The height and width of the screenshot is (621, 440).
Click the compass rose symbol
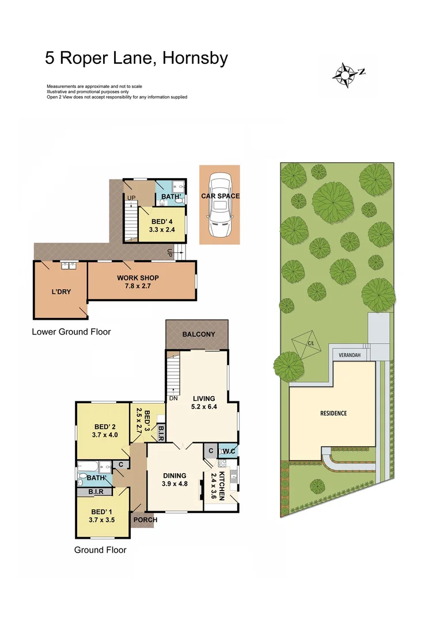click(x=346, y=74)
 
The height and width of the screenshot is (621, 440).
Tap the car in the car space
click(x=219, y=205)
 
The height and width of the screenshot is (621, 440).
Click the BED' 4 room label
click(x=162, y=221)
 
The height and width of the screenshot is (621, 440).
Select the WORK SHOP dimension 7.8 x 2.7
click(x=138, y=286)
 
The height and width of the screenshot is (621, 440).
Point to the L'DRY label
click(x=61, y=292)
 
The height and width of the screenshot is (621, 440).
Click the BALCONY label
click(x=198, y=334)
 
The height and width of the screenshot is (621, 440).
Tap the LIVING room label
click(x=204, y=398)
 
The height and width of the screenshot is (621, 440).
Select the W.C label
click(x=228, y=450)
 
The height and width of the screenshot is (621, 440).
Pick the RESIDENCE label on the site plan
click(x=333, y=413)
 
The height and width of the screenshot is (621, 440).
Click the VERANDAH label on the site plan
click(x=349, y=355)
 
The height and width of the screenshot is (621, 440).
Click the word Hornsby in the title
click(x=196, y=58)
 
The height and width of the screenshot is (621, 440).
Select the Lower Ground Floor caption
click(x=71, y=332)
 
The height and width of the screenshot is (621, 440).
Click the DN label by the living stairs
click(x=173, y=398)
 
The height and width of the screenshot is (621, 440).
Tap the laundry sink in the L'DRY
click(x=70, y=265)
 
